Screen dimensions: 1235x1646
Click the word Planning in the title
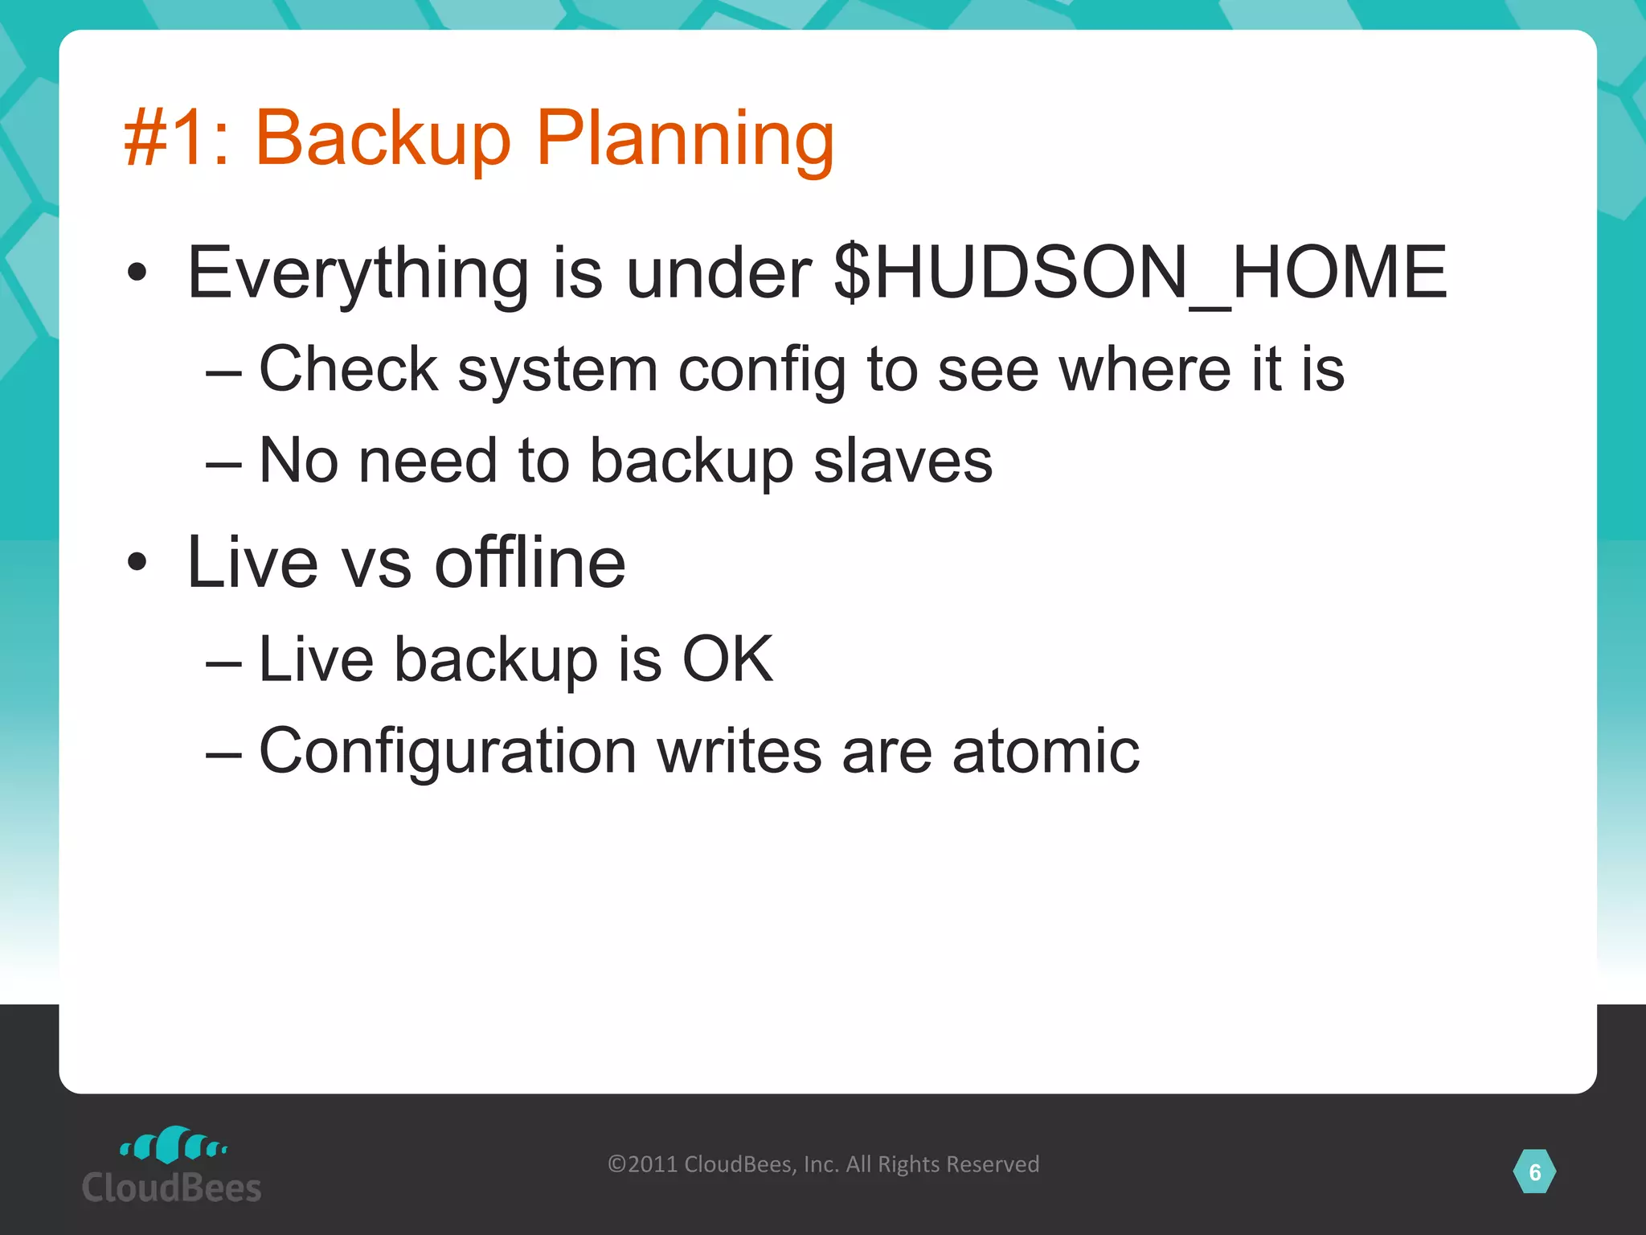coord(685,138)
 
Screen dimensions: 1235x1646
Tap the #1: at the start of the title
coord(177,138)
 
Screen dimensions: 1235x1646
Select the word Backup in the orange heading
coord(383,138)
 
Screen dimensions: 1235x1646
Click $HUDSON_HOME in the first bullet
coord(1140,273)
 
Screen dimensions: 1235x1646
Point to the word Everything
coord(358,273)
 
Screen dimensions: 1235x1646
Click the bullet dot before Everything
coord(137,273)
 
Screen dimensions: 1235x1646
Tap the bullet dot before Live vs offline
coord(137,563)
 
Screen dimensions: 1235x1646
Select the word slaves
coord(903,462)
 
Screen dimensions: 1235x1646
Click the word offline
coord(530,563)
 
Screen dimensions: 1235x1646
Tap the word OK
coord(727,660)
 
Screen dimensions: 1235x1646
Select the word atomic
coord(1046,751)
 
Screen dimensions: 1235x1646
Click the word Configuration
coord(448,751)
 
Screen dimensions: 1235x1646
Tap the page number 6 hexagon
coord(1534,1172)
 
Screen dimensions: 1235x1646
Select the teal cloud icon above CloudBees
coord(173,1145)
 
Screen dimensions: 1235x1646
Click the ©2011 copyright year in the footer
coord(643,1164)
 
